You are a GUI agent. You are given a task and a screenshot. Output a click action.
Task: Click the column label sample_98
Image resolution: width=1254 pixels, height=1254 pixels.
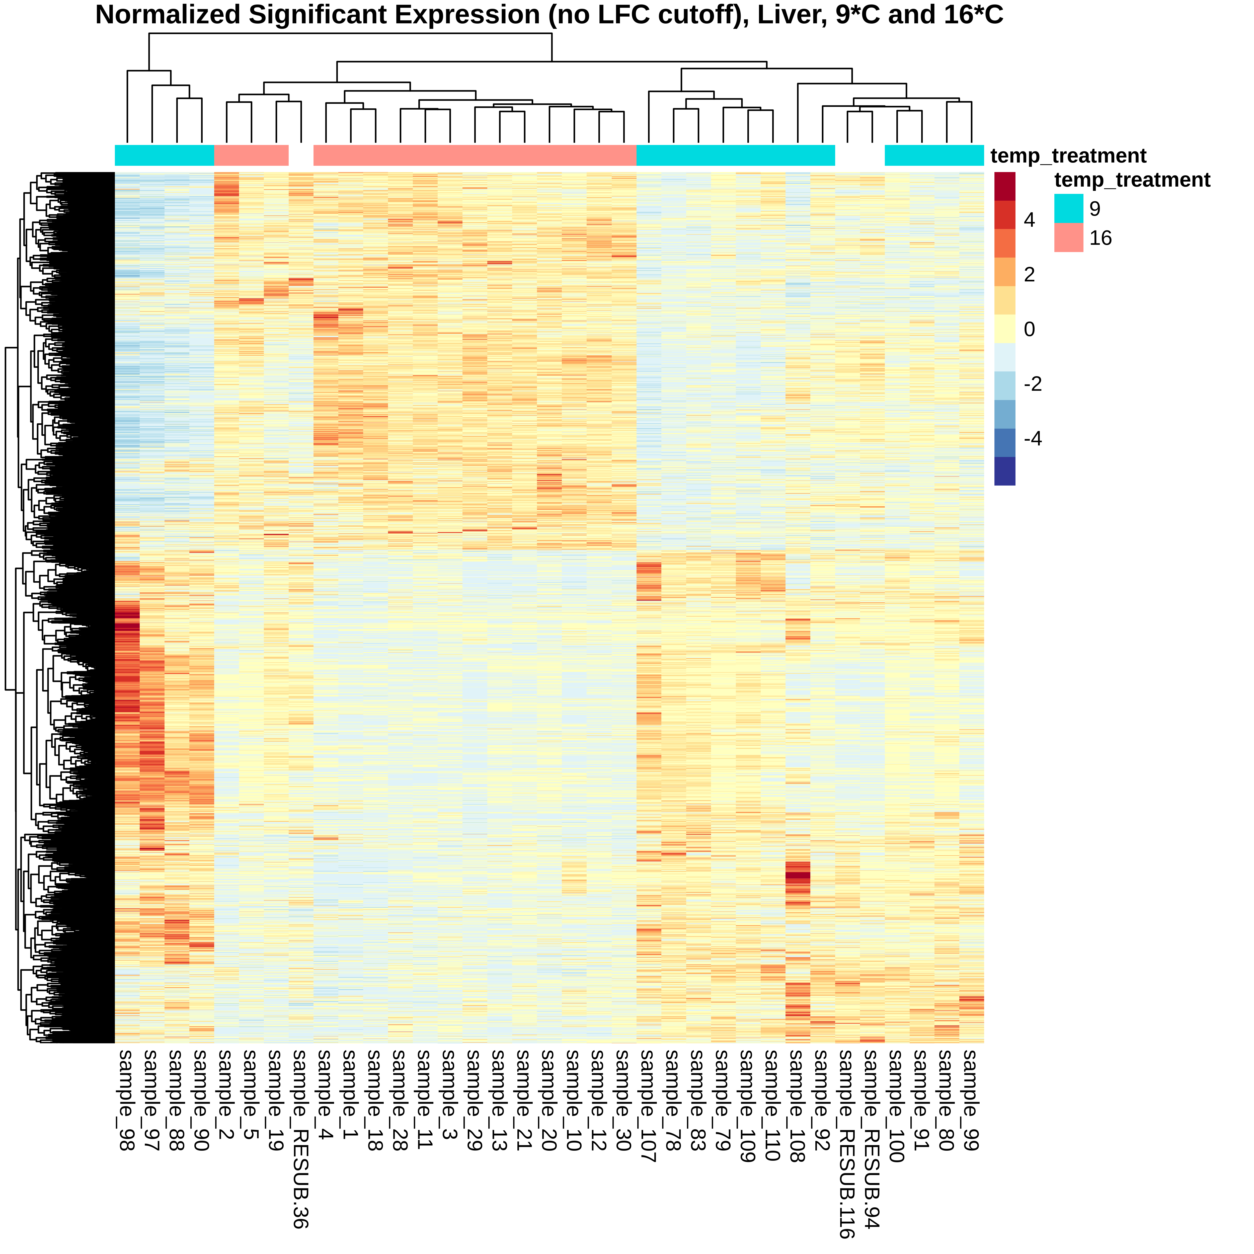click(x=127, y=1101)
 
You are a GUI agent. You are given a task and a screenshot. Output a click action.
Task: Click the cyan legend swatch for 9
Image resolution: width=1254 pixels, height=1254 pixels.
click(x=1068, y=208)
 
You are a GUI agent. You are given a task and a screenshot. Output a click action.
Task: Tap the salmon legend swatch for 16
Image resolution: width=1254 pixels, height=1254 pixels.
click(x=1068, y=238)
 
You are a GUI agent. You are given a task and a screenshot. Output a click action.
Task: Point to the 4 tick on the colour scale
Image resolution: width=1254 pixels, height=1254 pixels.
click(x=1030, y=220)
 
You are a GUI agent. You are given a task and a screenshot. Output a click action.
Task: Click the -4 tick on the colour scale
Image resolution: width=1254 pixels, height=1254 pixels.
click(x=1032, y=439)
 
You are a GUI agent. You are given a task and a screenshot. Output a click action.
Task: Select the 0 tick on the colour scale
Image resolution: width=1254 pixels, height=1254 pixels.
click(x=1030, y=329)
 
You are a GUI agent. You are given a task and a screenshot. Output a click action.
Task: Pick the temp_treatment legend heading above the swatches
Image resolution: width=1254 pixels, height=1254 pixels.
click(x=1132, y=180)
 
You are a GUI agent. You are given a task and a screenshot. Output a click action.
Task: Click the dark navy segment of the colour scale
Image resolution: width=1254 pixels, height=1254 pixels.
click(x=1005, y=471)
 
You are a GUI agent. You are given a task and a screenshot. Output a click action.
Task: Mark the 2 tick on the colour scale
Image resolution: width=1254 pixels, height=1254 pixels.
click(x=1030, y=275)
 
